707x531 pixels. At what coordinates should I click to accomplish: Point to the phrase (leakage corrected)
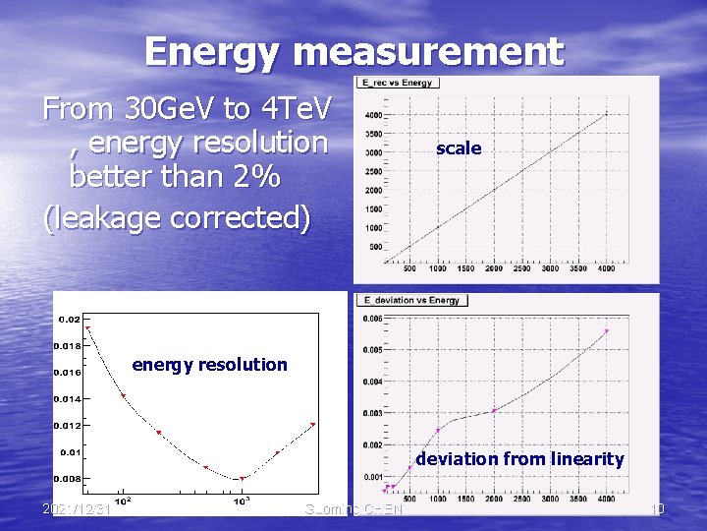(178, 216)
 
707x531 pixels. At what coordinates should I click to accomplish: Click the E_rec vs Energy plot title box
(399, 83)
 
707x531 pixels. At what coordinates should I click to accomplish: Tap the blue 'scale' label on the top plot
(459, 148)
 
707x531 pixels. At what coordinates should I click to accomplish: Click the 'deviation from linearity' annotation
(519, 458)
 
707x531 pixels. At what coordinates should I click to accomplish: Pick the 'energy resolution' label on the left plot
(209, 365)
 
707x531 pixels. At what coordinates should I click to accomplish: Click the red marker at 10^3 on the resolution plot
(243, 479)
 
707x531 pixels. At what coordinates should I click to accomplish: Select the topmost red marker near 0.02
(87, 328)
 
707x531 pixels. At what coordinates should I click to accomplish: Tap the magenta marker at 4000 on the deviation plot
(607, 331)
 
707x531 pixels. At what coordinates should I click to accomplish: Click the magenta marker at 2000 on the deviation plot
(494, 411)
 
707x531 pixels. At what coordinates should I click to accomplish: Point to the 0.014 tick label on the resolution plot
(69, 399)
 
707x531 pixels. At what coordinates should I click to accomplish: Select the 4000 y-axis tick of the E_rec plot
(373, 115)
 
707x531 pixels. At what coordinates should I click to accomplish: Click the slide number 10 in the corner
(658, 508)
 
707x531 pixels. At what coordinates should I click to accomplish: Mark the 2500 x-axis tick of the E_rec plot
(521, 268)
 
